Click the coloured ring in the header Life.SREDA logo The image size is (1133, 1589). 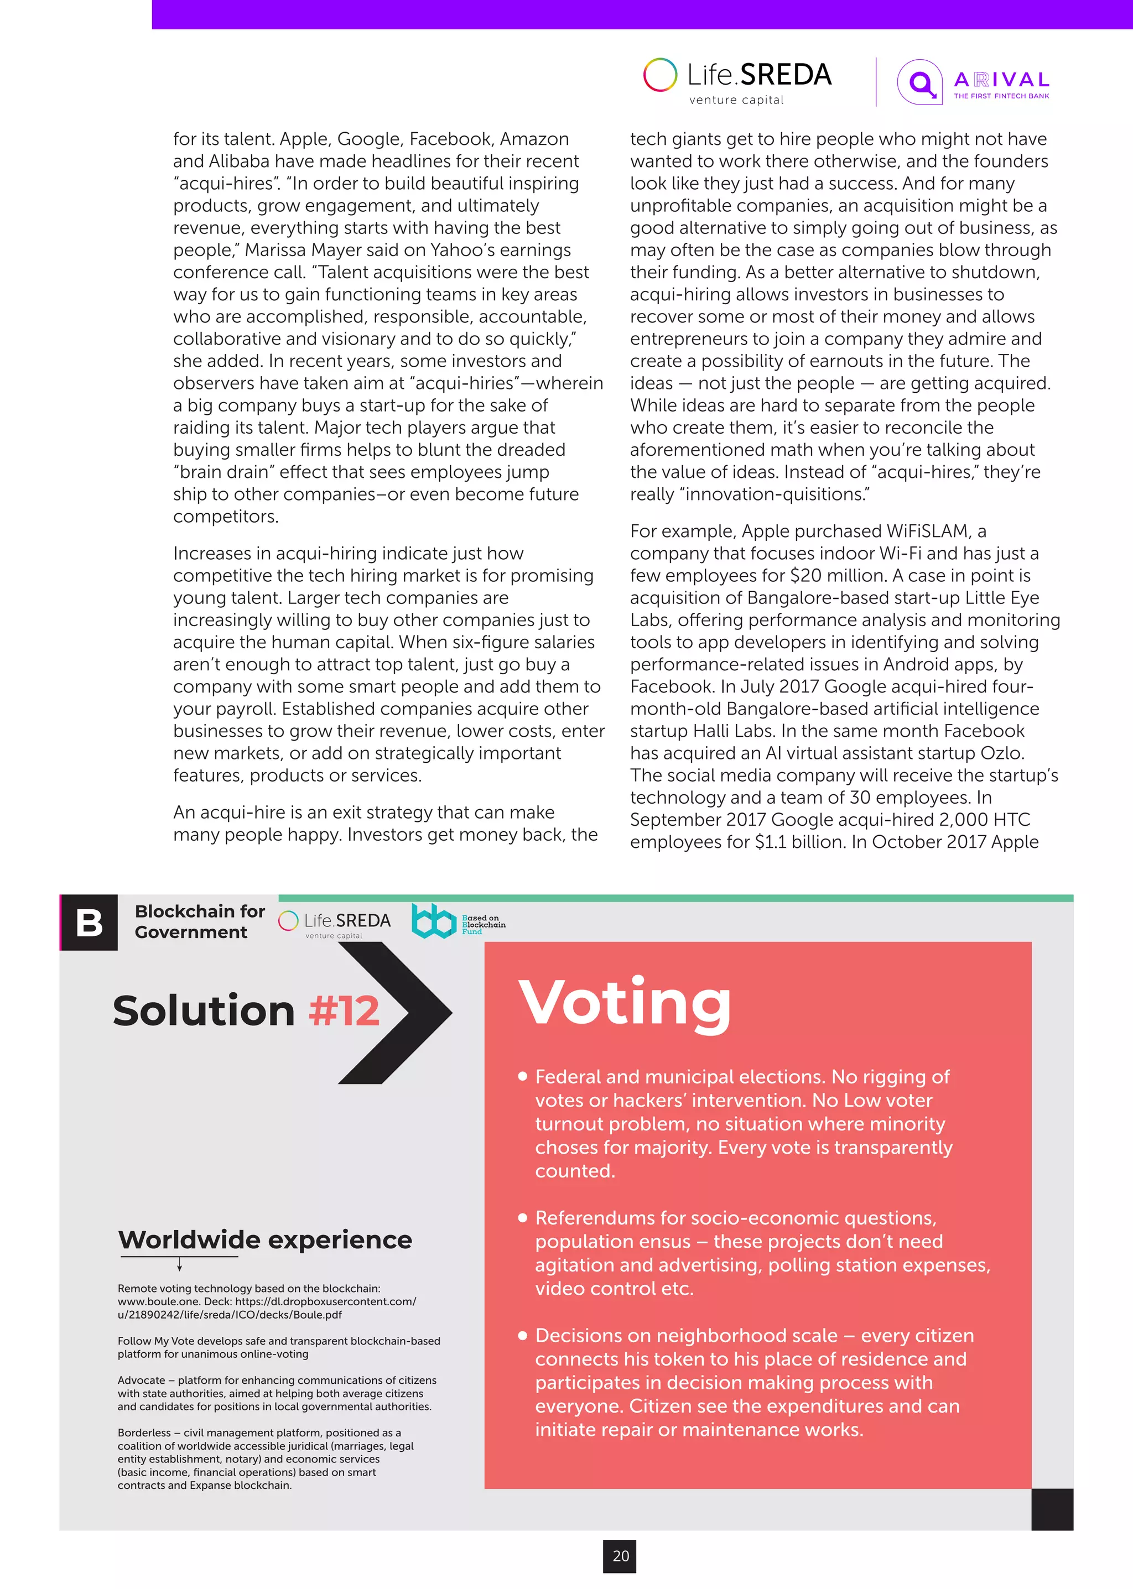point(660,75)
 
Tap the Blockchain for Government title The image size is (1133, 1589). point(200,921)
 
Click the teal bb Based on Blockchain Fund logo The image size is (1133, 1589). point(434,921)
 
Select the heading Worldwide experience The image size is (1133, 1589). point(265,1239)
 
